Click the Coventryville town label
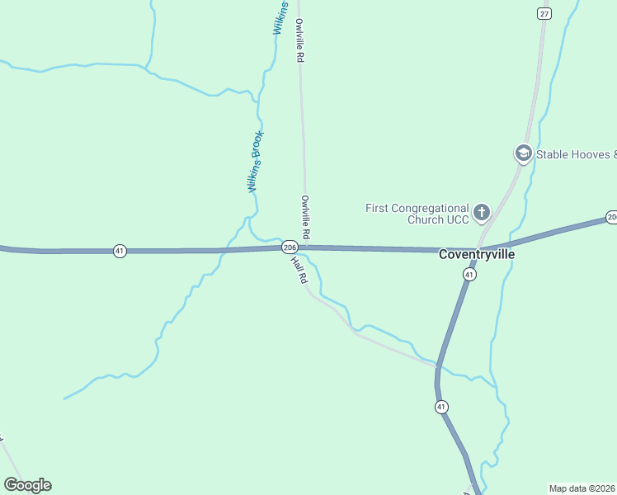[x=477, y=255]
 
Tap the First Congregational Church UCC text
[x=417, y=214]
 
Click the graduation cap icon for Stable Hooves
[x=522, y=153]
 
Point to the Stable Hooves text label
[x=576, y=154]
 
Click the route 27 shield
[x=543, y=13]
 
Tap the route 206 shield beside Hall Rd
[x=290, y=247]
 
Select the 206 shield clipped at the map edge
[x=611, y=217]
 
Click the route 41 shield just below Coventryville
[x=469, y=274]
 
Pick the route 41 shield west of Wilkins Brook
[x=120, y=251]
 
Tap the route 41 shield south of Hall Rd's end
[x=441, y=406]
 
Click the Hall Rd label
[x=299, y=270]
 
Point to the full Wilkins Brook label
[x=257, y=162]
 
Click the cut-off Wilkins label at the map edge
[x=280, y=16]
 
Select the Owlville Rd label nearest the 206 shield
[x=305, y=217]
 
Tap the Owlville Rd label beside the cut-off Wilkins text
[x=300, y=41]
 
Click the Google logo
[x=27, y=485]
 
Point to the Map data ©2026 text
[x=582, y=488]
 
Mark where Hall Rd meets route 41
[x=437, y=364]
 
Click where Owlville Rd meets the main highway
[x=307, y=246]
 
